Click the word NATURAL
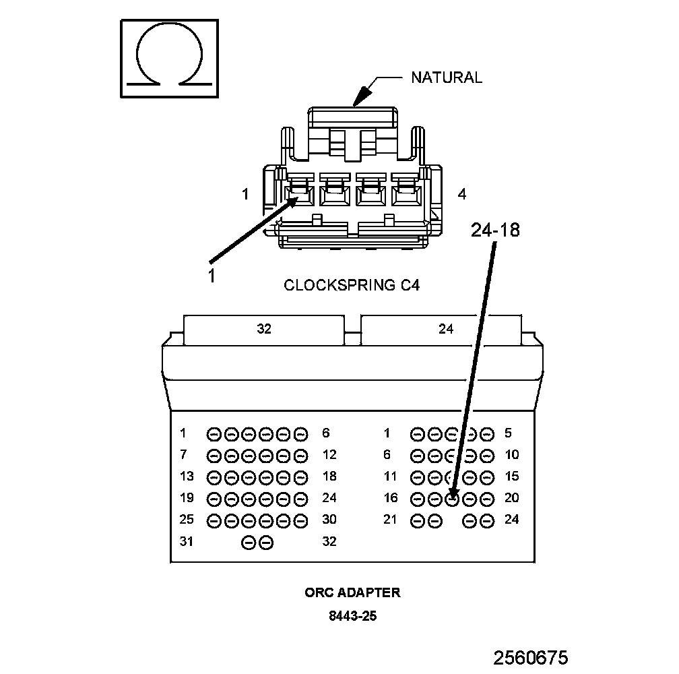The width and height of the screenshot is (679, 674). click(447, 78)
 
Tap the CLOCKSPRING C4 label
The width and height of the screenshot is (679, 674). click(352, 285)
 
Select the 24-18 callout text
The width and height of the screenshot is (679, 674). click(495, 231)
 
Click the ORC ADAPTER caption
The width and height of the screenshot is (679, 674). click(352, 593)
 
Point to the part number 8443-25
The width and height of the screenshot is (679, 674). click(352, 616)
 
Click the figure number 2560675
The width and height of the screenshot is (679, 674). click(531, 658)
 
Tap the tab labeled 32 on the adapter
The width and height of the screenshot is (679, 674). click(264, 329)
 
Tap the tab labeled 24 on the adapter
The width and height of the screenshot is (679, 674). click(446, 329)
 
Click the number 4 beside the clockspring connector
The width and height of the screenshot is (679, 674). click(461, 194)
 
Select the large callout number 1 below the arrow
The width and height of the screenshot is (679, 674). click(211, 276)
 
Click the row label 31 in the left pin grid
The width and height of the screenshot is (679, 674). click(187, 541)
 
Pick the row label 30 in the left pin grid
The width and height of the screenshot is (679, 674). click(329, 520)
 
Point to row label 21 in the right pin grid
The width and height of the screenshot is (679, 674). click(391, 520)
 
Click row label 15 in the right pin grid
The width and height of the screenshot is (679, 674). click(512, 477)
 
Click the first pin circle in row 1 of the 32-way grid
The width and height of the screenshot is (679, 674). click(214, 434)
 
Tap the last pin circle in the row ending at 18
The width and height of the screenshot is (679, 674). click(301, 477)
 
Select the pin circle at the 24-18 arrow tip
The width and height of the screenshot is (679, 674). click(453, 499)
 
